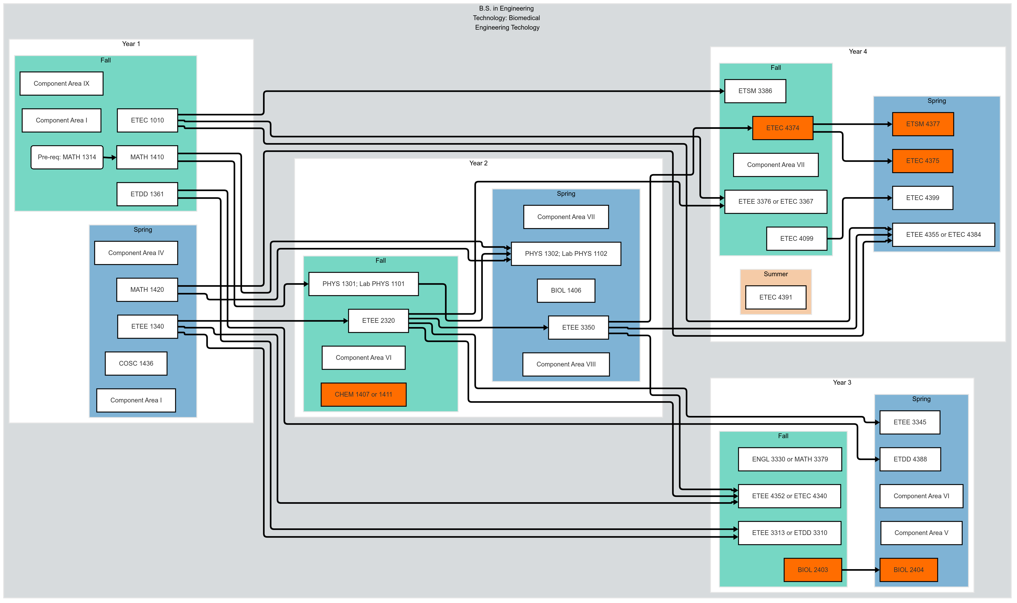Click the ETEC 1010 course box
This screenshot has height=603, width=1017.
click(147, 120)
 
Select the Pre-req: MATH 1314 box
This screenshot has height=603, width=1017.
click(67, 157)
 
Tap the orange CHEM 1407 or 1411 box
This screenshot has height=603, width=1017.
click(363, 395)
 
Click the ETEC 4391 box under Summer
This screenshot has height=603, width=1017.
click(775, 297)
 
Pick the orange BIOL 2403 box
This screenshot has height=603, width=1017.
click(813, 570)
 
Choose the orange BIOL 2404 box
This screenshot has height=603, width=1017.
click(908, 570)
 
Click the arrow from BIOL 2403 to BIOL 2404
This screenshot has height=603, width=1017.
click(860, 570)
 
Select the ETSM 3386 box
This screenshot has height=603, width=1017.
click(755, 91)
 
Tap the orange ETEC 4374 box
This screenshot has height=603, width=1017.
click(782, 128)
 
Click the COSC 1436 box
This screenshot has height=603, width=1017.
click(136, 364)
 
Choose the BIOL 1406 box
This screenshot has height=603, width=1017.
click(566, 291)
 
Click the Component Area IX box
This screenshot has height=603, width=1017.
click(61, 84)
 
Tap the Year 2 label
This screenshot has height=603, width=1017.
click(478, 163)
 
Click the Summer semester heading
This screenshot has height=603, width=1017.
click(775, 274)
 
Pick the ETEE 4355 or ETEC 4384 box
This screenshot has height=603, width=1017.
click(943, 235)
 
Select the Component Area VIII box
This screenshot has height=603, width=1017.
click(566, 365)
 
